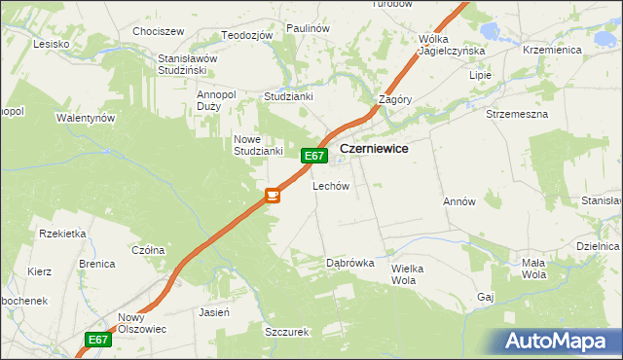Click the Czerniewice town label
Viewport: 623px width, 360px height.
tap(374, 149)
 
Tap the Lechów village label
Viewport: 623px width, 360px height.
tap(330, 186)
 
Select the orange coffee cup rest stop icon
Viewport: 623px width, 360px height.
tap(273, 196)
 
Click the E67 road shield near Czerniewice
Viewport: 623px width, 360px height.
tap(312, 156)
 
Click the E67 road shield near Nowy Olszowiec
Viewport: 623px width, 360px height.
tap(97, 340)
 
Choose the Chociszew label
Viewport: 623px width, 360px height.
tap(159, 31)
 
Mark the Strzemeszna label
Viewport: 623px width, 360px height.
tap(517, 114)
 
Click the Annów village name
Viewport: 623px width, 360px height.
tap(458, 202)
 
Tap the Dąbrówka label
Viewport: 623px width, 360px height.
tap(349, 263)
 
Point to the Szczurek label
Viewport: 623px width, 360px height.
tap(286, 332)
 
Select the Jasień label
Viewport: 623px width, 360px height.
tap(213, 313)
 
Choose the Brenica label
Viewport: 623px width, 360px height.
tap(97, 264)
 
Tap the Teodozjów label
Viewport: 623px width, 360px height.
tap(246, 35)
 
